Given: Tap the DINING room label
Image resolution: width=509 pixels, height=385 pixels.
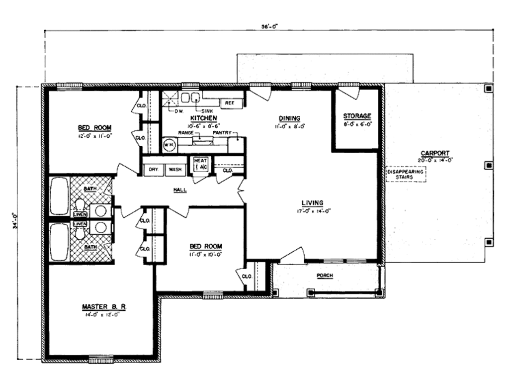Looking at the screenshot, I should point(289,118).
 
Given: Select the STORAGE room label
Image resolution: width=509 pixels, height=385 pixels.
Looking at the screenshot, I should point(357,116).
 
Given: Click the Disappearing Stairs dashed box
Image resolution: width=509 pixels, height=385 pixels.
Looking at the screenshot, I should point(406,174).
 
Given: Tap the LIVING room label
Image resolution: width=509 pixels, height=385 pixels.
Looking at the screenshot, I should point(312,203).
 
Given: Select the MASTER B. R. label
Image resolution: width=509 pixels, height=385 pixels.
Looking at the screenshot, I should point(104,307).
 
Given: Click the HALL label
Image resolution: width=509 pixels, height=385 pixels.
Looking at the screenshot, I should point(180,190).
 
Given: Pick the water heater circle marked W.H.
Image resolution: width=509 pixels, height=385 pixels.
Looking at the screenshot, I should point(169,145).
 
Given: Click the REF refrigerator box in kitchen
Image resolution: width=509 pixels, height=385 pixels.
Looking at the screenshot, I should point(230,103).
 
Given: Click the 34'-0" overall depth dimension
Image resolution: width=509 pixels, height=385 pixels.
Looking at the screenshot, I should point(16,221).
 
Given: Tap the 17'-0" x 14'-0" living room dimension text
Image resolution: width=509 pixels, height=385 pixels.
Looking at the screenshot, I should point(312,210).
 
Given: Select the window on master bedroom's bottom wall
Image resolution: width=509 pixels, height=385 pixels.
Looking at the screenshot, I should point(101,359).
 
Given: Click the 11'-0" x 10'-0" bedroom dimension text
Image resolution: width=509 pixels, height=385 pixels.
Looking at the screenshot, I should point(205,254).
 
